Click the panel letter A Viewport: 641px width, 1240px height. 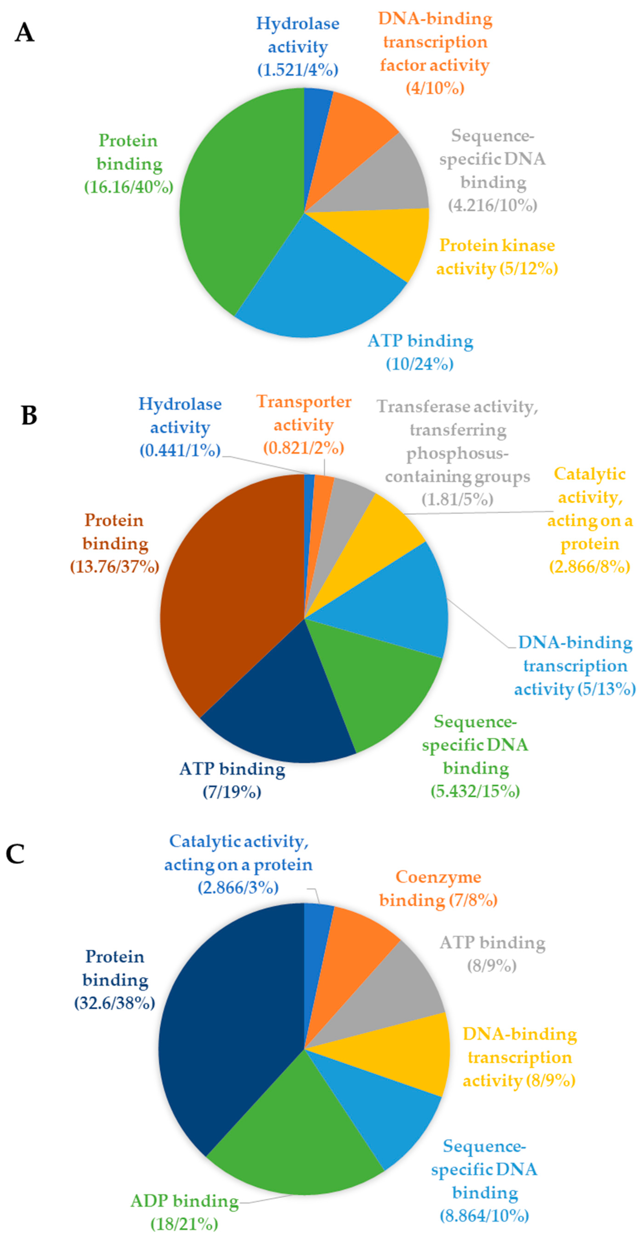25,33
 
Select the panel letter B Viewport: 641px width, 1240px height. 29,415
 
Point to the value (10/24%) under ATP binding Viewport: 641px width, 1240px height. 420,364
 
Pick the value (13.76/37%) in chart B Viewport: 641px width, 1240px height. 114,566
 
